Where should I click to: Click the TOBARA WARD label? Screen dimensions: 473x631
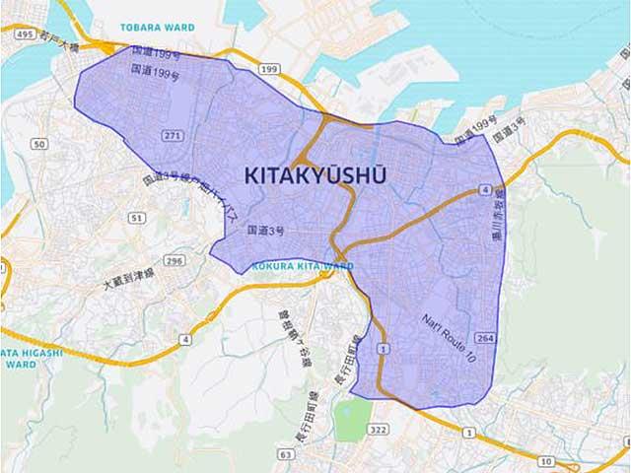(157, 27)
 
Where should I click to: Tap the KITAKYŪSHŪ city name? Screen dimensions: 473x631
(315, 175)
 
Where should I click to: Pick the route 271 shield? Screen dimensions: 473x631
(173, 135)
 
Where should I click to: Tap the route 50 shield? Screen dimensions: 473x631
(38, 144)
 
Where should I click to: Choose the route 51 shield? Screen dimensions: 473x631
(137, 217)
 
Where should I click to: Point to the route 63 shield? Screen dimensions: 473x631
(285, 454)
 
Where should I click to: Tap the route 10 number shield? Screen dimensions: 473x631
(544, 460)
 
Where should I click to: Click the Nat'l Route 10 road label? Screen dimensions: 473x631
(450, 339)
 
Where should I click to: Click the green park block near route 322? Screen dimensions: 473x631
(352, 419)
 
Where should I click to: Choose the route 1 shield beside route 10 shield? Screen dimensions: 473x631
(468, 433)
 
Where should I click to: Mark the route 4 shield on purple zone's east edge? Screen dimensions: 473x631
(486, 188)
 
